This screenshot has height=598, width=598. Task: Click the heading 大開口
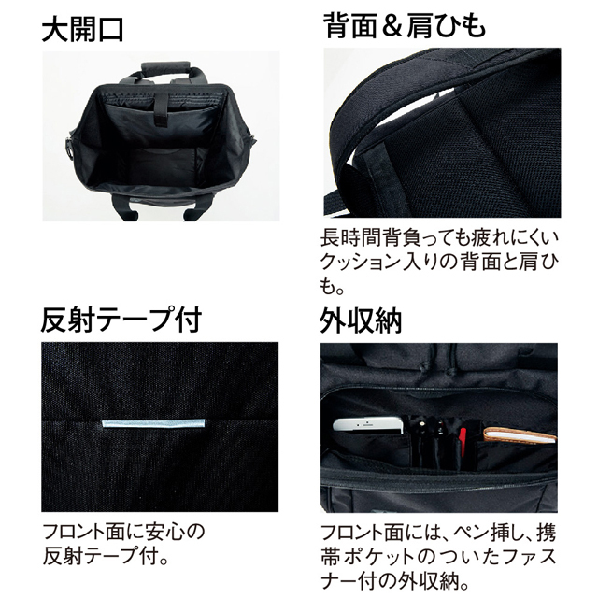(x=83, y=30)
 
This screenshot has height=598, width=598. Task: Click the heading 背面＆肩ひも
(x=405, y=25)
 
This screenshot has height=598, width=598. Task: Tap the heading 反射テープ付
(x=121, y=320)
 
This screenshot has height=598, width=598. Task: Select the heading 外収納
(x=361, y=320)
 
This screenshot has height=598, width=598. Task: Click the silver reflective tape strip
(x=153, y=423)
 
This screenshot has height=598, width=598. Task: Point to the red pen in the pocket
(x=463, y=441)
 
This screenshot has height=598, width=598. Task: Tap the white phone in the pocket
(x=368, y=424)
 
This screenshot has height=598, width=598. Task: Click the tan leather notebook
(x=519, y=436)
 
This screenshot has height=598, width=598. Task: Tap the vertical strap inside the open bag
(x=161, y=109)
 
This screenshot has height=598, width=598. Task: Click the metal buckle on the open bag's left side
(x=70, y=146)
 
